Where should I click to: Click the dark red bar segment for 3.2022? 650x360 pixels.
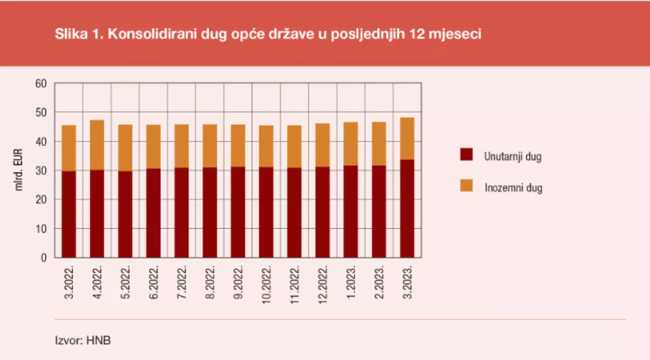tap(69, 214)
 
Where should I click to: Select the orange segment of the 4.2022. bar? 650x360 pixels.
tap(97, 145)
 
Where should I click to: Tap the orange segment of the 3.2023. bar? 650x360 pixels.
tap(407, 138)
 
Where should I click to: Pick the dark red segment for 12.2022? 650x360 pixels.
tap(322, 212)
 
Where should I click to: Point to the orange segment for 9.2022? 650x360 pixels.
tap(238, 145)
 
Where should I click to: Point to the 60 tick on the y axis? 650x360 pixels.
tap(41, 83)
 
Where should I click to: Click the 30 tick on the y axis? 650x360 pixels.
tap(41, 170)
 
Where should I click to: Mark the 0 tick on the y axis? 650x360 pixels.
tap(44, 258)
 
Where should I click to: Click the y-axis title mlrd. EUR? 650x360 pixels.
tap(20, 170)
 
